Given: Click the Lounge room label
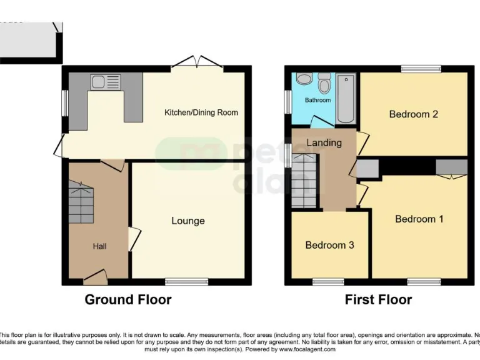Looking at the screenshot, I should coord(188,221).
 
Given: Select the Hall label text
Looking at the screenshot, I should coord(100,246).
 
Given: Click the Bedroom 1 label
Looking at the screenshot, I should coord(419,219).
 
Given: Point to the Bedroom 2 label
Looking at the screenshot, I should coord(413,114).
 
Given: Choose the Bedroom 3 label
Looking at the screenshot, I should coord(329,245).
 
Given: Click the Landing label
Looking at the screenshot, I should coord(324,142).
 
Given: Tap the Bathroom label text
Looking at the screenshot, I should coord(317,100).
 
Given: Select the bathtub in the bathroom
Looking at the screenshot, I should coord(346,98).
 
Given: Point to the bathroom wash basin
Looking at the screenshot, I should coord(304,79).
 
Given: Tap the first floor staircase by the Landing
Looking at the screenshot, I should coord(304,181).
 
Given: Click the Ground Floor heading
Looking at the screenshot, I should coord(128,300).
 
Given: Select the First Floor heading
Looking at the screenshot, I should coord(378,300).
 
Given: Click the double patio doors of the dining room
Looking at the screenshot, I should coord(197,62).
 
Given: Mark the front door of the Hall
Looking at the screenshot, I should coord(95,277).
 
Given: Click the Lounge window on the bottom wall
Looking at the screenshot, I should coord(187,282).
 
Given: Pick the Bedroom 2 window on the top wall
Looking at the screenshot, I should coord(421,68).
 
